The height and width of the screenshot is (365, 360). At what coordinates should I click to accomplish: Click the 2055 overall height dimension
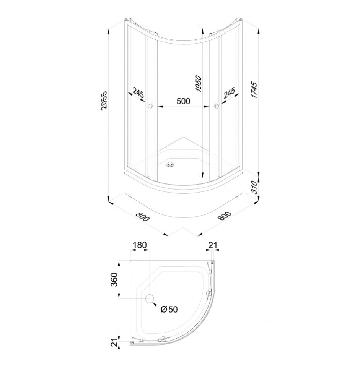(104, 101)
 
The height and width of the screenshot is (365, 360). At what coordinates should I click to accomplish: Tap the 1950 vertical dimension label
(198, 84)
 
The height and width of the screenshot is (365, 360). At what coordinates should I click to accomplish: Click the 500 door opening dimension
(183, 101)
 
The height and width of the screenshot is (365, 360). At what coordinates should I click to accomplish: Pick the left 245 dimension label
(138, 92)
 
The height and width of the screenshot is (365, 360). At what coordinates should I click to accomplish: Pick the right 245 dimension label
(229, 92)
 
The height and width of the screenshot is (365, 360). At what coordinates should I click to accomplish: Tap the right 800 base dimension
(225, 216)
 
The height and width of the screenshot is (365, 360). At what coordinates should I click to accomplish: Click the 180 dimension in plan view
(140, 245)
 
